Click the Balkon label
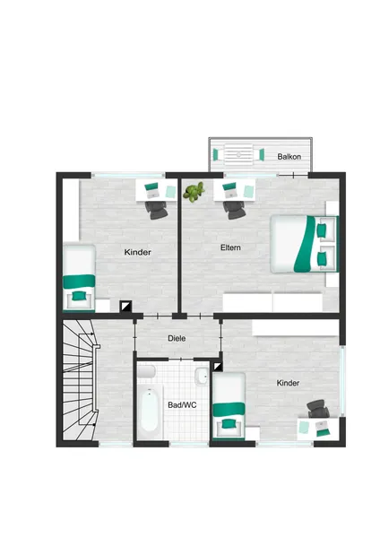289,157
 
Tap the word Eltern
230,247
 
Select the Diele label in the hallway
177,338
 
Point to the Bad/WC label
182,405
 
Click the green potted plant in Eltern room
194,192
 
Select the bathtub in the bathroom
150,410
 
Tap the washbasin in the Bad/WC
202,377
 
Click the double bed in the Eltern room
304,244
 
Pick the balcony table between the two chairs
238,154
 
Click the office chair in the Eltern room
234,210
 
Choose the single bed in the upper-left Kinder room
79,277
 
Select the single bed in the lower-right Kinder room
229,405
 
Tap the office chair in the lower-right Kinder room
318,409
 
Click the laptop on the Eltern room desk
229,190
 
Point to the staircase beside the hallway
80,380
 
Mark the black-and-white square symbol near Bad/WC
218,367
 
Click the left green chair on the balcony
215,155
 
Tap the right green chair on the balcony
262,155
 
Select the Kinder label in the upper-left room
137,252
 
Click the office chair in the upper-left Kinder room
156,210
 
